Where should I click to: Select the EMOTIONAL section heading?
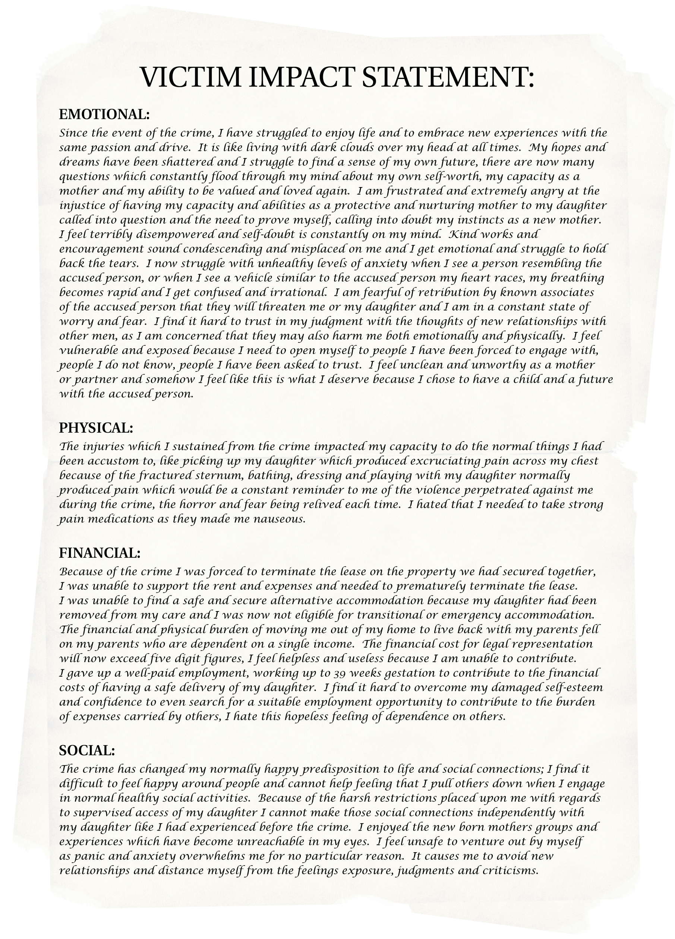point(104,114)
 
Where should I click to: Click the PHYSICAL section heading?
point(96,428)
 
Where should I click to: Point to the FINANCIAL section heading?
point(100,553)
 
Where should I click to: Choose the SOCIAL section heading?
point(87,750)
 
